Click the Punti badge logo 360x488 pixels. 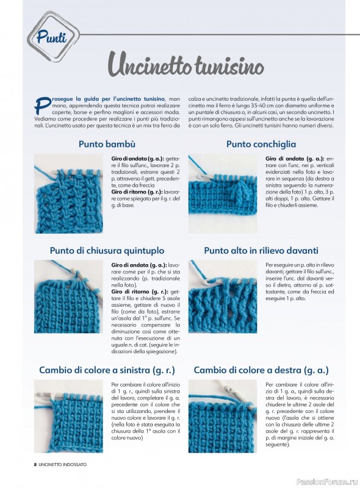52,36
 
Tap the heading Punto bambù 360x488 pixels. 107,144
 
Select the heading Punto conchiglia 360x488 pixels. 261,144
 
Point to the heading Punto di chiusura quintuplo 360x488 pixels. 107,251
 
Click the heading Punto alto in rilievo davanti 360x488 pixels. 261,251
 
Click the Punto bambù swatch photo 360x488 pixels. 68,193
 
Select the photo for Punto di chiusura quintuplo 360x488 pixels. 68,296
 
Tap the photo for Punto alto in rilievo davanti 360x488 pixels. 223,296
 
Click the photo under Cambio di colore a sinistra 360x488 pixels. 68,417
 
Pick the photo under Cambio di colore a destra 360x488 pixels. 223,417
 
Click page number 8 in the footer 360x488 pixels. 35,464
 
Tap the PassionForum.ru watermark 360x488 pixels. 326,482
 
